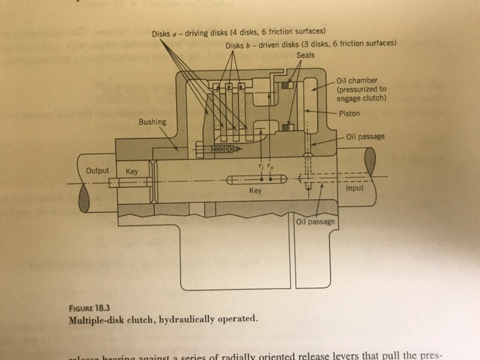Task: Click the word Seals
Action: (305, 55)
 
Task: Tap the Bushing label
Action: (152, 122)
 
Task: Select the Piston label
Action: (350, 113)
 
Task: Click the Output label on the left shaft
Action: (97, 171)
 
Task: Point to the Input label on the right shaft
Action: (355, 187)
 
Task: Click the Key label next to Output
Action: (131, 171)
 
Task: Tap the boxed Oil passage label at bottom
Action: (315, 221)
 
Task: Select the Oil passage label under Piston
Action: (366, 136)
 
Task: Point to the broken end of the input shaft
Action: (370, 162)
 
